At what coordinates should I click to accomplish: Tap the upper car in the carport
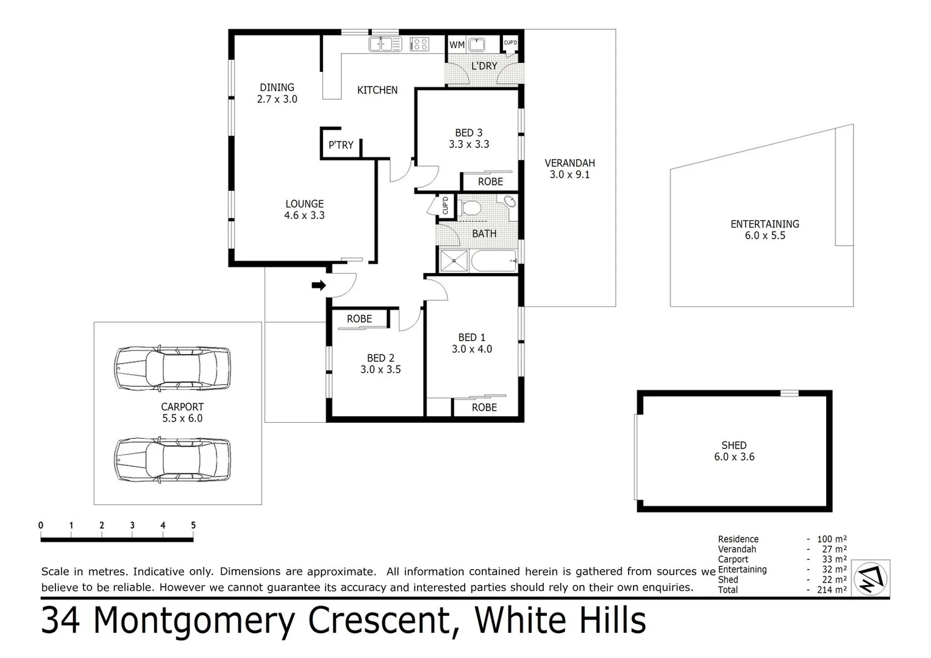click(x=173, y=369)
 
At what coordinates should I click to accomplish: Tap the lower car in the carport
click(x=173, y=459)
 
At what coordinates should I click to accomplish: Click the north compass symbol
click(x=871, y=578)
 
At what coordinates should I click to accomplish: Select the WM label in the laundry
click(x=457, y=44)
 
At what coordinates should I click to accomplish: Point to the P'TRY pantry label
click(x=341, y=145)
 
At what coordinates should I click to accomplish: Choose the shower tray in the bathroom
click(x=454, y=261)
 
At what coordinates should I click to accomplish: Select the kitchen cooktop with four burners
click(x=419, y=44)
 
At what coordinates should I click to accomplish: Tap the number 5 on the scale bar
click(x=193, y=525)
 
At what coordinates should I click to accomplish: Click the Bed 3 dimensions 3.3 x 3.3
click(x=469, y=144)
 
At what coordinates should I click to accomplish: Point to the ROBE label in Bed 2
click(x=359, y=319)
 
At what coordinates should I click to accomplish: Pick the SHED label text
click(x=734, y=445)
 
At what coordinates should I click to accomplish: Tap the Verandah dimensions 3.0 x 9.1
click(x=569, y=174)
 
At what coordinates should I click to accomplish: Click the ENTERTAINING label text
click(x=765, y=224)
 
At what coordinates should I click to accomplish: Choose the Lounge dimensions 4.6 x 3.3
click(x=304, y=215)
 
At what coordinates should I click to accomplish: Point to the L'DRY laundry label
click(x=484, y=66)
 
